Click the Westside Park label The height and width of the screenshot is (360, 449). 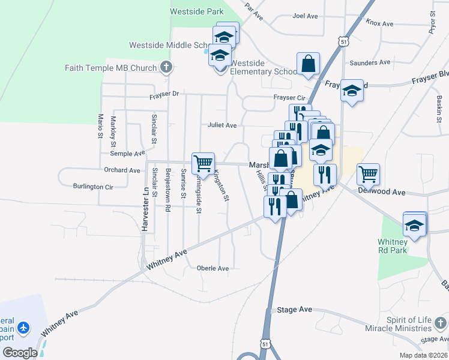coord(196,11)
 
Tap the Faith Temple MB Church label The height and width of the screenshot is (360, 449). coord(110,68)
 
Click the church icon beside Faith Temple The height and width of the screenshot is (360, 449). coord(166,67)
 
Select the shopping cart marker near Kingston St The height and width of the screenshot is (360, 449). coord(203,163)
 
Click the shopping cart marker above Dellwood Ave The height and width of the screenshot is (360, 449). coord(368,174)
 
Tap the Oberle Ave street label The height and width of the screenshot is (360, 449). coord(213,268)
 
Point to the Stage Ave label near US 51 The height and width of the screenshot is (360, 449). coord(294,310)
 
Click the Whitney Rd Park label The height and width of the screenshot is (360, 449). coord(393,245)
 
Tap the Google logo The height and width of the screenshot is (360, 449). coord(20,353)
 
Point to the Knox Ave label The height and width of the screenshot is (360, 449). coord(379,23)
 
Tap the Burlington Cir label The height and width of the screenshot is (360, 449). coord(93,187)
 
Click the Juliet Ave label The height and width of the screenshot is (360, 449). coord(222,125)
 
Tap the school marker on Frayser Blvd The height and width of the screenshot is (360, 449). coord(352,91)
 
